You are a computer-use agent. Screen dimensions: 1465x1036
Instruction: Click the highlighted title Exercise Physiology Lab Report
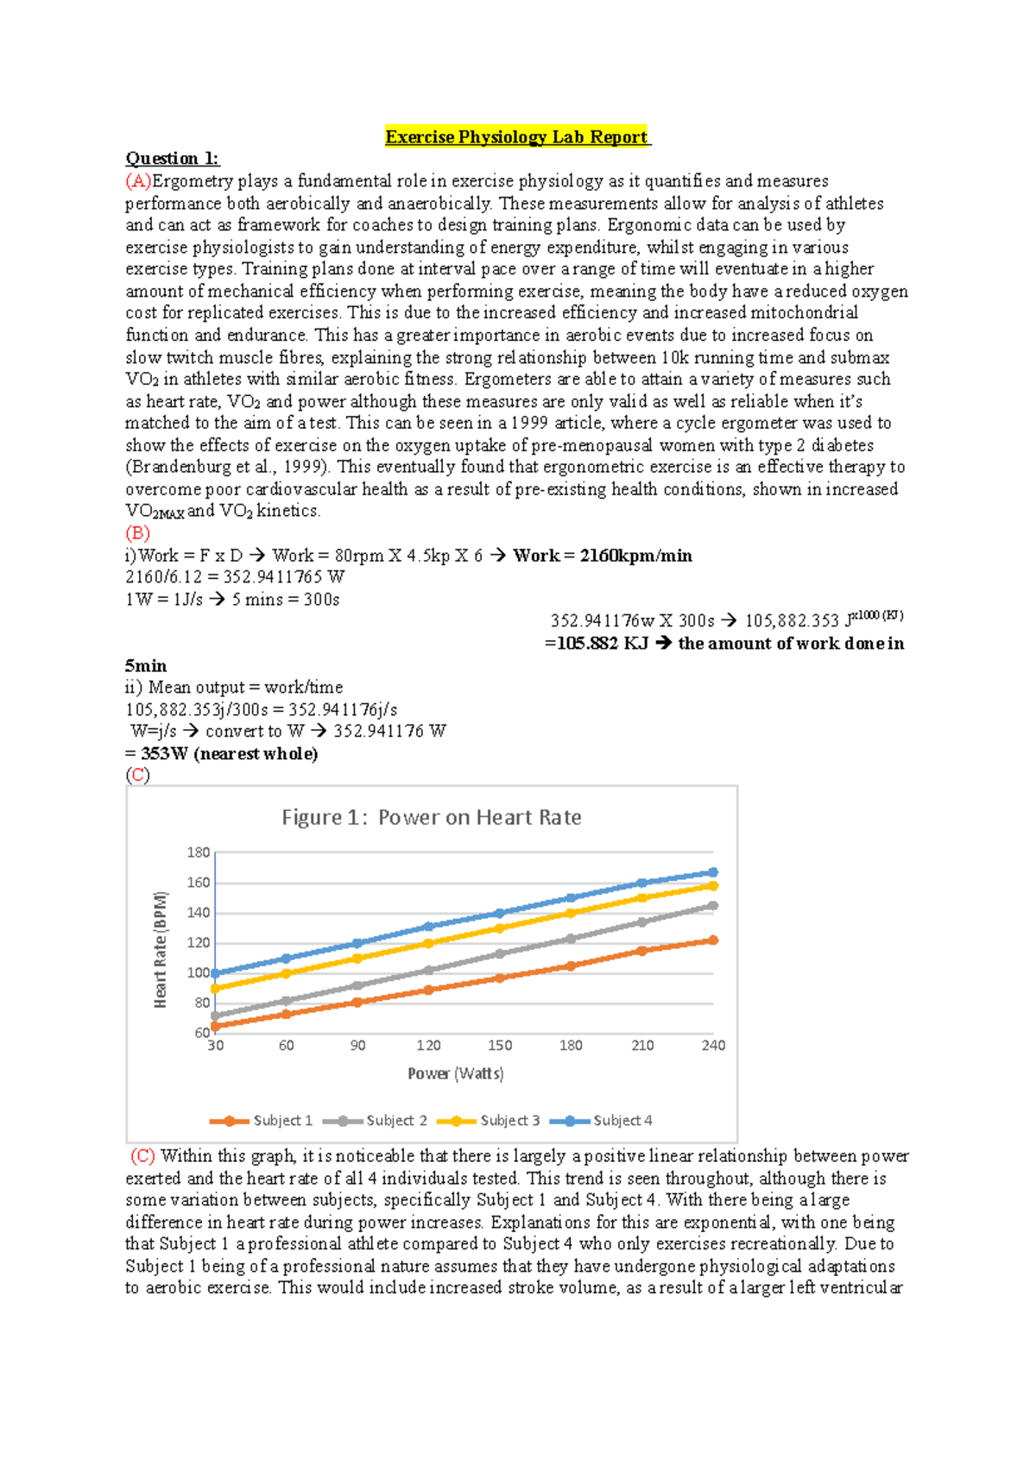(x=516, y=137)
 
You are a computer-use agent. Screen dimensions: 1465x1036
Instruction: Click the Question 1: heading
(x=173, y=159)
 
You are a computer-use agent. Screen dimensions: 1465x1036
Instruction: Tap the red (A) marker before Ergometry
(x=138, y=181)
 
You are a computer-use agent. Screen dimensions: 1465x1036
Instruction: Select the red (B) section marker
(x=137, y=533)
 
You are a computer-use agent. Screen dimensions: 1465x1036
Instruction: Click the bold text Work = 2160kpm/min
(x=602, y=556)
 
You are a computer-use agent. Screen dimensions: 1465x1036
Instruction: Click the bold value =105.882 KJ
(x=596, y=644)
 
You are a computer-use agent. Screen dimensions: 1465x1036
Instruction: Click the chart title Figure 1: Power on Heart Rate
(x=432, y=817)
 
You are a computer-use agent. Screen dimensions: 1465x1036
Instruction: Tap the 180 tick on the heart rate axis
(x=199, y=852)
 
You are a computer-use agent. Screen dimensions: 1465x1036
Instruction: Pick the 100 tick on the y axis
(x=199, y=973)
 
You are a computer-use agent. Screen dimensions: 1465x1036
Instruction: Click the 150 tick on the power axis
(x=500, y=1046)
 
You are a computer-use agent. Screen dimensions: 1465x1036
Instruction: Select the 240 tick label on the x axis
(x=713, y=1046)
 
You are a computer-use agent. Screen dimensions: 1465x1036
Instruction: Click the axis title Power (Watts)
(x=456, y=1073)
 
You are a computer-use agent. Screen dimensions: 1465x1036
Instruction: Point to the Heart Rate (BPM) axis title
(x=161, y=949)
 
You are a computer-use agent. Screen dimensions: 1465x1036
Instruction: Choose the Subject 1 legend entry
(x=262, y=1121)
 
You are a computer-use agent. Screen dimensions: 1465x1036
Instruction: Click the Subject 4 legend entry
(x=602, y=1121)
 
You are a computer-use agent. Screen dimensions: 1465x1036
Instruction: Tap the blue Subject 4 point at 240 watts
(x=713, y=872)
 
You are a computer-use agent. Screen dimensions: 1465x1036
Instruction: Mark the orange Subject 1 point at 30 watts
(x=215, y=1027)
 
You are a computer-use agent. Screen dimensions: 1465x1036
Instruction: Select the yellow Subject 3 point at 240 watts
(x=713, y=886)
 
